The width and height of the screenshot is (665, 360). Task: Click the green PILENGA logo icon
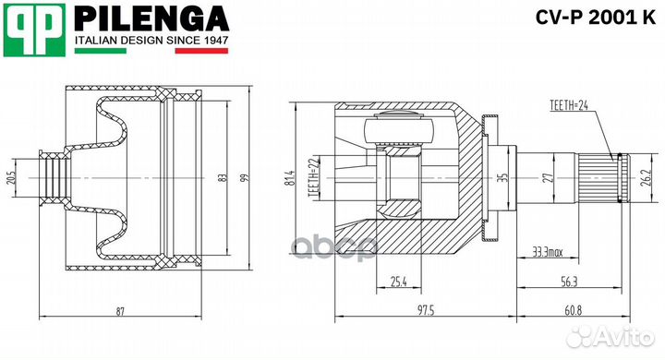pyautogui.click(x=34, y=28)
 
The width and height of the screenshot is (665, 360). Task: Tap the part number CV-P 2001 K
pyautogui.click(x=592, y=17)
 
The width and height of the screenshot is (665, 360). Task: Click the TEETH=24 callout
pyautogui.click(x=568, y=105)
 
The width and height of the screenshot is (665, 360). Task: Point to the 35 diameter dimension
pyautogui.click(x=503, y=177)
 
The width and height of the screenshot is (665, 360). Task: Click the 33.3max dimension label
pyautogui.click(x=550, y=249)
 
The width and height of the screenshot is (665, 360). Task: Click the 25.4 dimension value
pyautogui.click(x=399, y=282)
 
